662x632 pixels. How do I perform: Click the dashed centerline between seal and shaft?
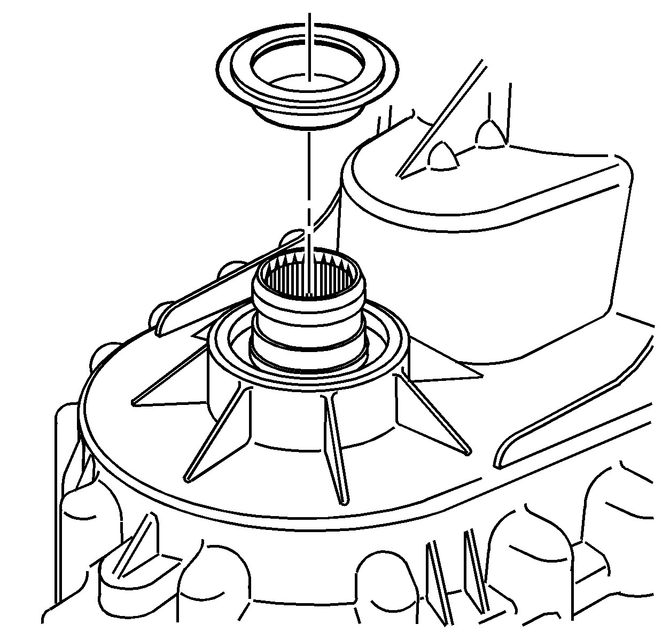(x=308, y=182)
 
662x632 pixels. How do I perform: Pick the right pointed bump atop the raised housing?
(x=490, y=134)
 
